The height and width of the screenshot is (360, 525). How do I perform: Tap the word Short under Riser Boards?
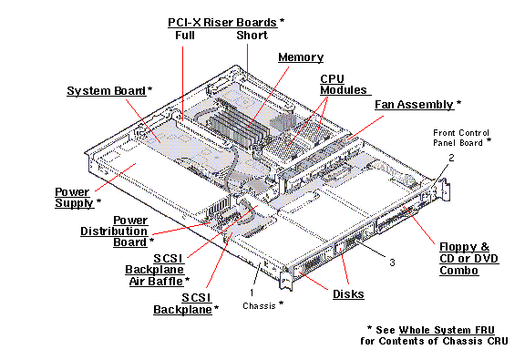(252, 36)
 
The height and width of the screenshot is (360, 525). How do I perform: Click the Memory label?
(301, 57)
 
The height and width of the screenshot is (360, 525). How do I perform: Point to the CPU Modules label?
(343, 85)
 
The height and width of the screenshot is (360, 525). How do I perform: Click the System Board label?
(107, 91)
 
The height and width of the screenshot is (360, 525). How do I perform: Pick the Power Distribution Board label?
(130, 231)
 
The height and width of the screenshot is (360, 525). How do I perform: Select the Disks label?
(349, 293)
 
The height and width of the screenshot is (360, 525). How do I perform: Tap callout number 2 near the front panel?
(450, 159)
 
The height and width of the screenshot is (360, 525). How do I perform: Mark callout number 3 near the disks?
(392, 263)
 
